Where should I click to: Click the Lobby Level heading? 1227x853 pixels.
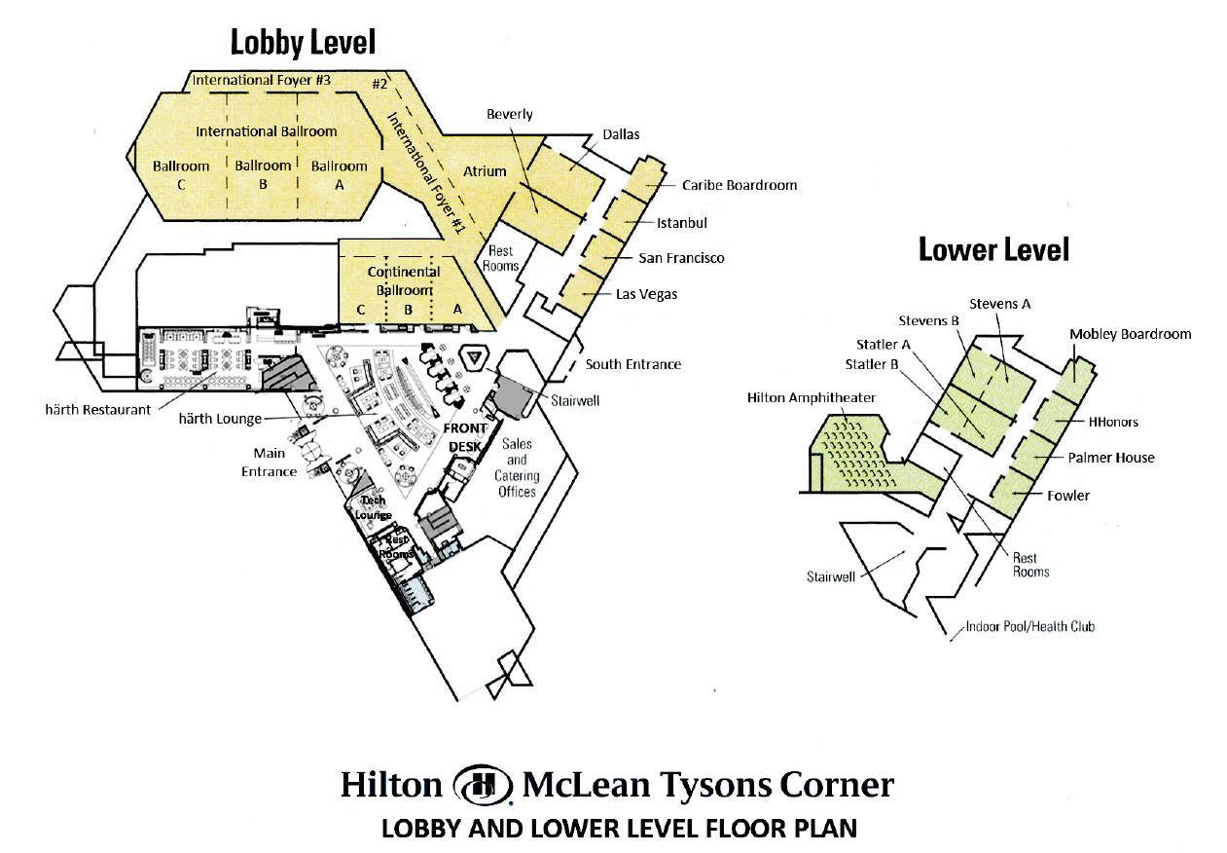tap(303, 43)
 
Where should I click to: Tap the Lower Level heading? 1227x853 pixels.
tap(993, 250)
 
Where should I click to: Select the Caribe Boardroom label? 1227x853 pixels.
tap(740, 185)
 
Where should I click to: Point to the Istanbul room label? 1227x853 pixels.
tap(682, 223)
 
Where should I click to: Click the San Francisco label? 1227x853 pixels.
tap(681, 258)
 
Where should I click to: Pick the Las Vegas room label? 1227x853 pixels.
tap(646, 294)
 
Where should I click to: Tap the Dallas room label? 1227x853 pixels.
tap(621, 134)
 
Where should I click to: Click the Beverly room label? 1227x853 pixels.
tap(510, 115)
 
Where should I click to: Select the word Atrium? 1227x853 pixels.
tap(485, 171)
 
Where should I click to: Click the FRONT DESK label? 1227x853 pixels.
tap(465, 437)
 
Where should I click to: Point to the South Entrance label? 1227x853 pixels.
tap(633, 364)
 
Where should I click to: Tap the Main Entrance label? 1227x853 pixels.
tap(269, 463)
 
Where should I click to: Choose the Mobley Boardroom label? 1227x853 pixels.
tap(1131, 334)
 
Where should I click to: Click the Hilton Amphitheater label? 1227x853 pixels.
tap(812, 397)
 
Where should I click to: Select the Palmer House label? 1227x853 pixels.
tap(1111, 458)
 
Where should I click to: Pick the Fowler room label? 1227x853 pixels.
tap(1068, 496)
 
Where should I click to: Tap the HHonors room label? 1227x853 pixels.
tap(1113, 422)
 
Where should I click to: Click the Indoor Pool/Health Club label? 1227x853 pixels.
tap(1030, 626)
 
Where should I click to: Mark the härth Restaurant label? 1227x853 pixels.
tap(98, 410)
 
